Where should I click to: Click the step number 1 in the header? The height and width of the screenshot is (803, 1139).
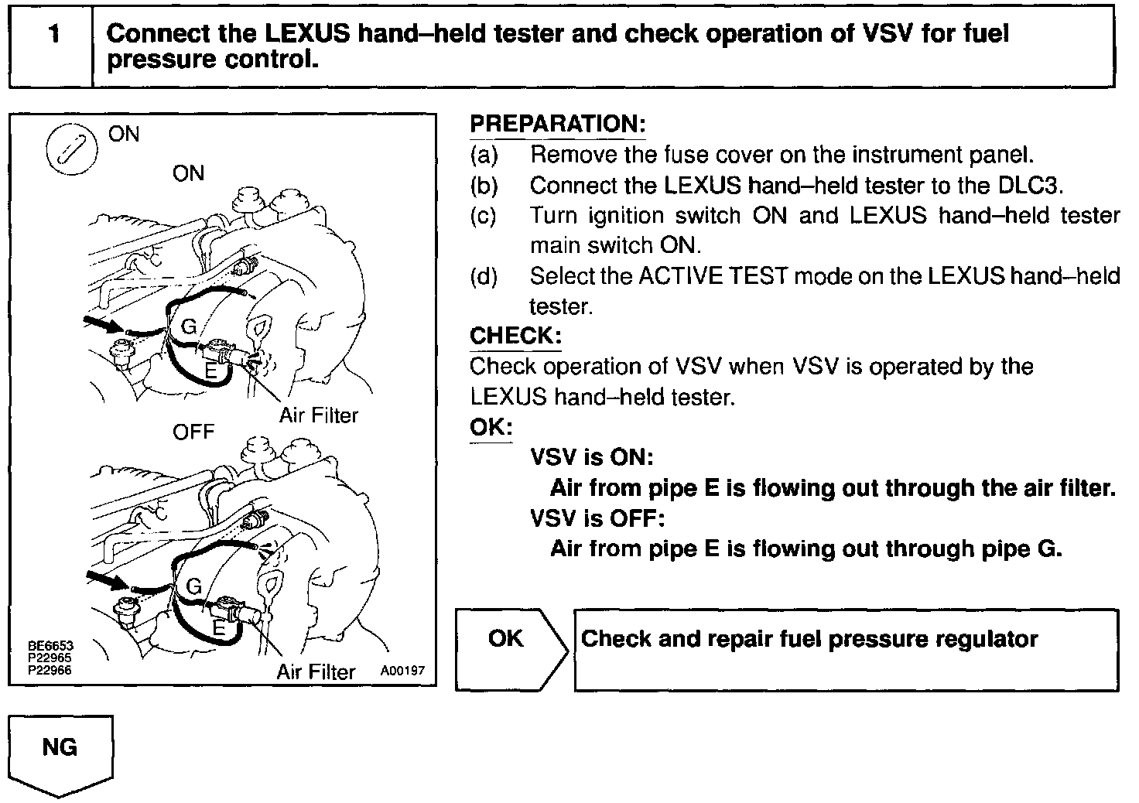(x=53, y=35)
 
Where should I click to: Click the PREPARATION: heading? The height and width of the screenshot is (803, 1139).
(x=557, y=124)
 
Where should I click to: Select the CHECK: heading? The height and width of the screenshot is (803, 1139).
(x=515, y=336)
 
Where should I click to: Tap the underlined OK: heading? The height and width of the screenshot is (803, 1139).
(x=491, y=427)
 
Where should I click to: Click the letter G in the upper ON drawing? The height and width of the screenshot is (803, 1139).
(x=188, y=327)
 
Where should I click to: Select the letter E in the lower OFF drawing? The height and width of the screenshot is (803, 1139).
(x=219, y=628)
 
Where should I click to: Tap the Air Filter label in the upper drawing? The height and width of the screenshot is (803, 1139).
(x=319, y=416)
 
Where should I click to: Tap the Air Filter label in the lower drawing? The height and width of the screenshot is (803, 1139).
(x=316, y=671)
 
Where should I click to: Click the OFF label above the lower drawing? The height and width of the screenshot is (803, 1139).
(x=193, y=432)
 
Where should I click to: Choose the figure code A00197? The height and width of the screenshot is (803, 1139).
(x=402, y=671)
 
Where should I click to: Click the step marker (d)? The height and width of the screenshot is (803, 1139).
(x=484, y=276)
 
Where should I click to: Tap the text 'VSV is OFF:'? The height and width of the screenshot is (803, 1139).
(x=597, y=518)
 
